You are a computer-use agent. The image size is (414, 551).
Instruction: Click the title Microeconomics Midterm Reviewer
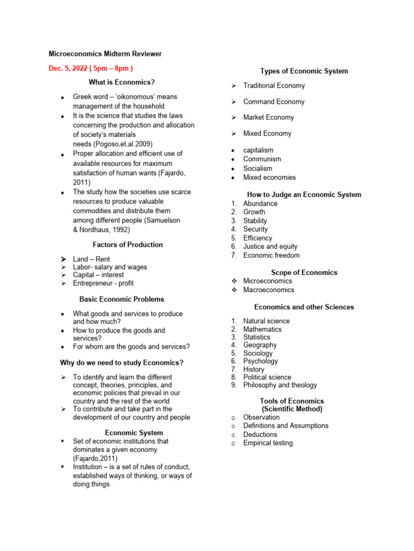click(x=105, y=54)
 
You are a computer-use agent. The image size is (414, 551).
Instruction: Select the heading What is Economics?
click(x=122, y=82)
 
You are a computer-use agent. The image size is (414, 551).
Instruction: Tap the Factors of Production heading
click(x=127, y=244)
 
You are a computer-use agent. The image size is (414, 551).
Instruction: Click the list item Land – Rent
click(x=91, y=259)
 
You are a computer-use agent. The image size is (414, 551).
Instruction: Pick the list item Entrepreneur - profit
click(x=103, y=283)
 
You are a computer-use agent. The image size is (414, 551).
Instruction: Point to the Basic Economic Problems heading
click(x=122, y=299)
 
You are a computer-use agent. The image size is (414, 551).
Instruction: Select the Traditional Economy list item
click(x=274, y=86)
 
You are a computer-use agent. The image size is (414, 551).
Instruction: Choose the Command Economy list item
click(x=273, y=102)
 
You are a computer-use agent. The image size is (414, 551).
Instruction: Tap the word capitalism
click(x=258, y=150)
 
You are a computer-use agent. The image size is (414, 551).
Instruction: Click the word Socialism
click(x=258, y=168)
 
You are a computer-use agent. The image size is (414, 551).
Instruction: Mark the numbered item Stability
click(x=255, y=221)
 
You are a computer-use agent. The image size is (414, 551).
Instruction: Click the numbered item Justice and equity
click(x=270, y=246)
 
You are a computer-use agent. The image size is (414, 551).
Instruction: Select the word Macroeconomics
click(x=268, y=289)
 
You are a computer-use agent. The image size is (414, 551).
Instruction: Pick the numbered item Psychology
click(x=260, y=361)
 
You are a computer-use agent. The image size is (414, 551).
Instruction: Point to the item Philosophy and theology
click(x=280, y=385)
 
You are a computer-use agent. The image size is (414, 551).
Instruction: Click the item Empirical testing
click(x=268, y=443)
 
